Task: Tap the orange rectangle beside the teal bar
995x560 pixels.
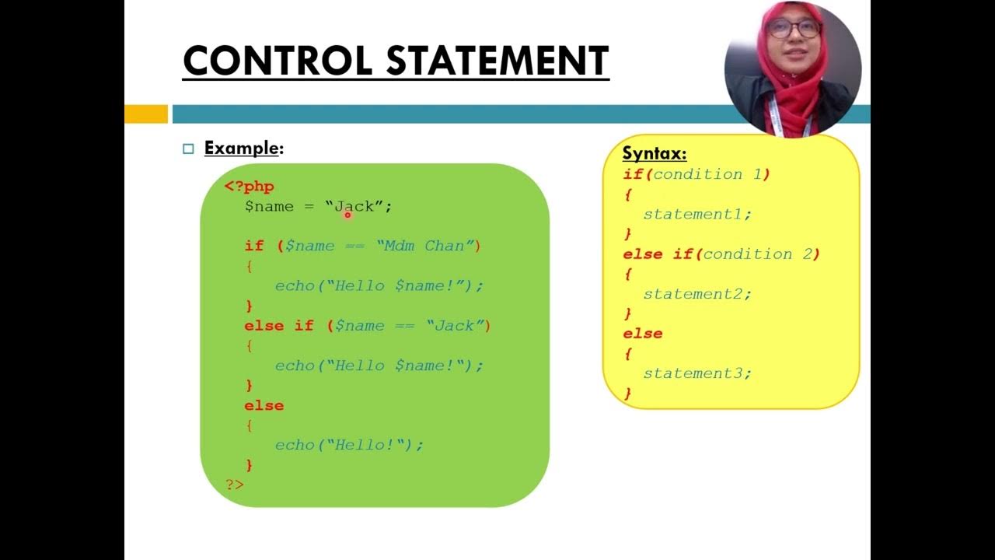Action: (x=146, y=114)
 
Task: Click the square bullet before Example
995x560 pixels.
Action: (x=188, y=149)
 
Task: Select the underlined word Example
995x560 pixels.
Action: (x=241, y=148)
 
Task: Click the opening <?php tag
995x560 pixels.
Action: (x=250, y=187)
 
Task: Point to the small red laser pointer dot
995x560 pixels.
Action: (x=348, y=215)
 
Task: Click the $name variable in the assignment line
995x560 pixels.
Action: (x=269, y=207)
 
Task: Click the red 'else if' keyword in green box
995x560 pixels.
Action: (x=278, y=326)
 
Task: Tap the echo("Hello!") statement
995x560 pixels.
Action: (x=349, y=445)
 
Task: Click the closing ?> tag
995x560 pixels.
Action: (x=235, y=485)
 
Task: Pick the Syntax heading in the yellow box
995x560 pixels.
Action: (x=655, y=153)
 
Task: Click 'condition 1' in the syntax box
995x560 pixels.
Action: (x=707, y=174)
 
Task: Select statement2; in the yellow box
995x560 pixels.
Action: (x=697, y=294)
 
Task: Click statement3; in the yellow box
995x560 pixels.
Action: (x=697, y=373)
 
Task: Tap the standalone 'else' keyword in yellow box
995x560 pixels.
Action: (x=643, y=334)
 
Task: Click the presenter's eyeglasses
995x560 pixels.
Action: (x=793, y=30)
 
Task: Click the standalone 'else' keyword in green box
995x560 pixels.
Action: (x=264, y=405)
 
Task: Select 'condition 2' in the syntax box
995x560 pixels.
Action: (x=758, y=254)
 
